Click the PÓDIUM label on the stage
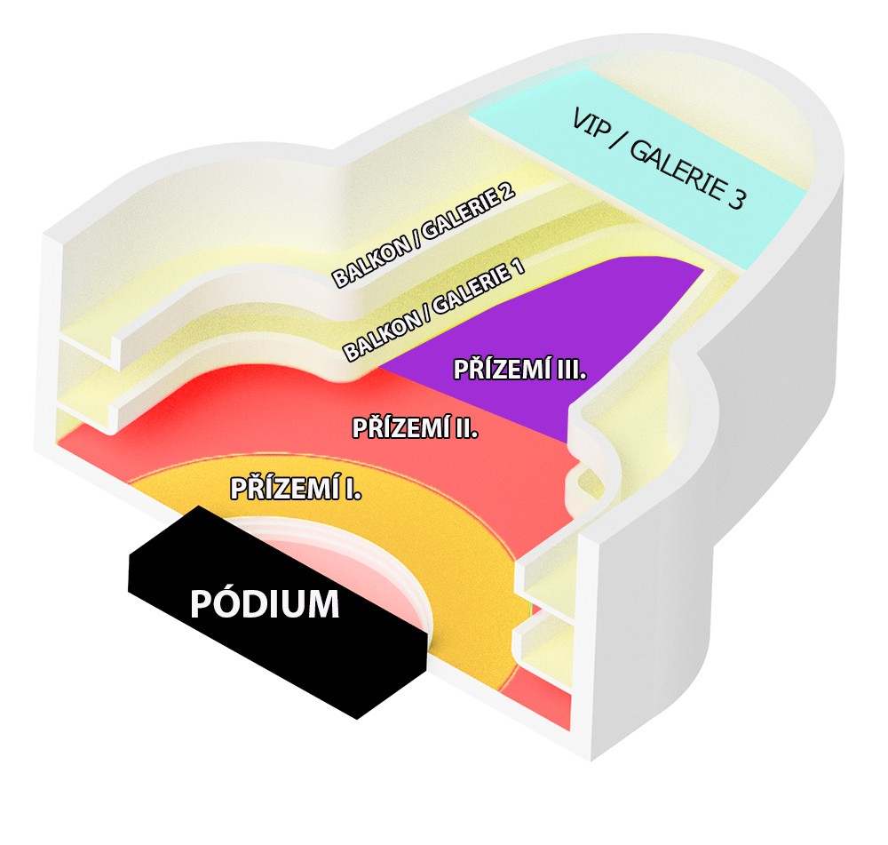tap(265, 603)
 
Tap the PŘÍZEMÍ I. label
tap(296, 489)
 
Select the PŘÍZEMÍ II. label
tap(415, 428)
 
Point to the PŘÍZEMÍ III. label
tap(519, 370)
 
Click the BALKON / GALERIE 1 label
tap(434, 311)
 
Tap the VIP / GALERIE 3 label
tap(660, 158)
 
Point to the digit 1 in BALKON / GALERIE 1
tap(517, 267)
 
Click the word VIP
tap(591, 123)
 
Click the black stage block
tap(277, 612)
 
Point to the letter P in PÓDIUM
tap(201, 603)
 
